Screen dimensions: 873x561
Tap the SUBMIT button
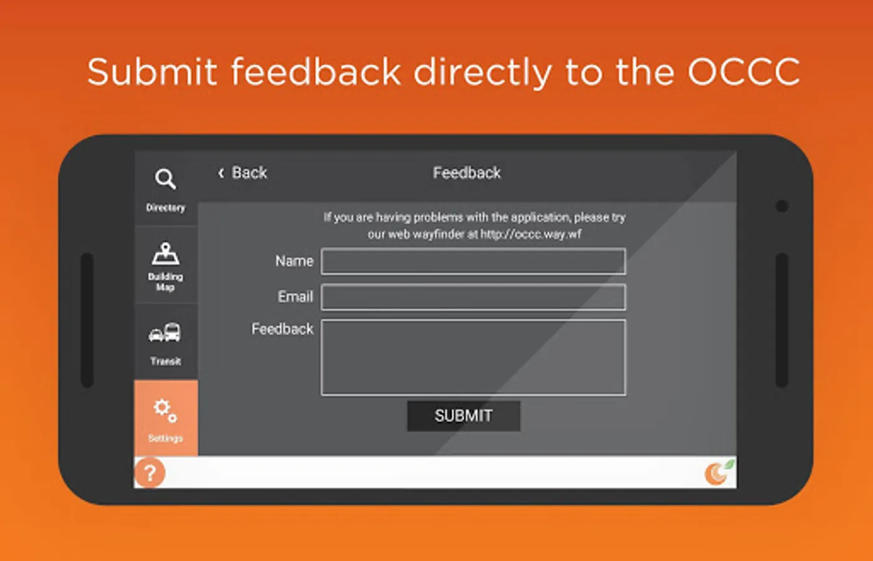[x=464, y=416]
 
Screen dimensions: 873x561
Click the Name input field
[x=474, y=261]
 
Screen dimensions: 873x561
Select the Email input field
[x=474, y=297]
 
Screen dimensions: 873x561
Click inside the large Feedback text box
[x=474, y=358]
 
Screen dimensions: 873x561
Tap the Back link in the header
[x=242, y=173]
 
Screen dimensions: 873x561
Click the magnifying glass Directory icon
[x=165, y=179]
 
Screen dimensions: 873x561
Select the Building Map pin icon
[x=166, y=254]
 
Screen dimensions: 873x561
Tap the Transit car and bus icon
[x=165, y=332]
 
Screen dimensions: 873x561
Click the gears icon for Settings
[x=165, y=411]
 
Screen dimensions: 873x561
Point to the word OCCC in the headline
[x=743, y=72]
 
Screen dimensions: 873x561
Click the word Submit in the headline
[x=152, y=72]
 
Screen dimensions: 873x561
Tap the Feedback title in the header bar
[x=467, y=173]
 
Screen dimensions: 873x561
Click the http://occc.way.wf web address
[x=531, y=234]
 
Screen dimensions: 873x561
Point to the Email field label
[x=295, y=297]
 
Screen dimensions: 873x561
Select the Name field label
[x=294, y=261]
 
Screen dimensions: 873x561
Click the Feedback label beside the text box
[x=282, y=329]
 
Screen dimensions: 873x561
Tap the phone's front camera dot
[x=782, y=206]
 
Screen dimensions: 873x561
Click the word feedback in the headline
[x=316, y=72]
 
